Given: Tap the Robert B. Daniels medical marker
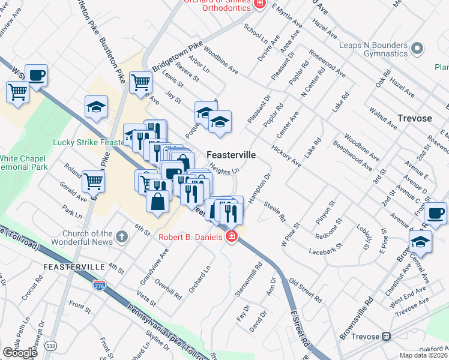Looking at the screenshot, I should tap(231, 237).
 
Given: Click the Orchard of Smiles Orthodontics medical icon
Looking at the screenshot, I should tap(259, 4).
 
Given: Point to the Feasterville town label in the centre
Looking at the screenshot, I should tap(231, 155).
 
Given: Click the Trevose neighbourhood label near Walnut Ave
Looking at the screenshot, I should tap(415, 118).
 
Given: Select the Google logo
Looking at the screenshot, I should tap(20, 352).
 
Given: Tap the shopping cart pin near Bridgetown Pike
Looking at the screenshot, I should tap(140, 82).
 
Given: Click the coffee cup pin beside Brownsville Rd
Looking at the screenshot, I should tap(435, 212).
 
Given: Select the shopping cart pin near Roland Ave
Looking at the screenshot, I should tap(94, 180).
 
